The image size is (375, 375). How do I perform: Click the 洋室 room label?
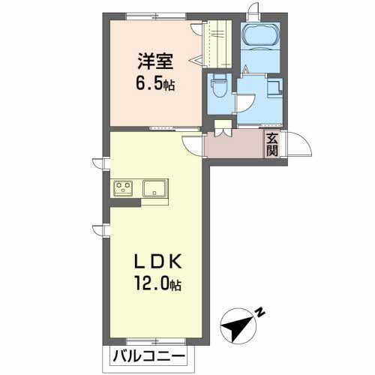coord(155,61)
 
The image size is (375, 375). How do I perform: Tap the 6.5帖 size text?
coord(155,83)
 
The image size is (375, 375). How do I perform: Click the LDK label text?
coord(158,261)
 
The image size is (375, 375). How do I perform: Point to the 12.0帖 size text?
coord(158,283)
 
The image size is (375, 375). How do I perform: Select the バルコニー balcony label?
coord(149,357)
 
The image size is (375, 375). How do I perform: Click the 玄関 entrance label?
coord(272,145)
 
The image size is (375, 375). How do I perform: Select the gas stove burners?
coord(123,188)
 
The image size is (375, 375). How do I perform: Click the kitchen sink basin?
coord(154,188)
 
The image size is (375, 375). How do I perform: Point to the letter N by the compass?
coord(260,313)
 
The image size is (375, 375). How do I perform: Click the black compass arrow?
coord(238,325)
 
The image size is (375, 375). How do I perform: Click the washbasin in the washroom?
coord(275,87)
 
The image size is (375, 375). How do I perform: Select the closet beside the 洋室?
coord(217,44)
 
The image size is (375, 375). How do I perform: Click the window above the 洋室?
coord(156,16)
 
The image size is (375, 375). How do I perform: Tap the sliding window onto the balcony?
coord(156,341)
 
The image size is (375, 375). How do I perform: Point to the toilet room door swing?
coord(245,103)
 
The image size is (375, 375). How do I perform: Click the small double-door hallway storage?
coord(223,128)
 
